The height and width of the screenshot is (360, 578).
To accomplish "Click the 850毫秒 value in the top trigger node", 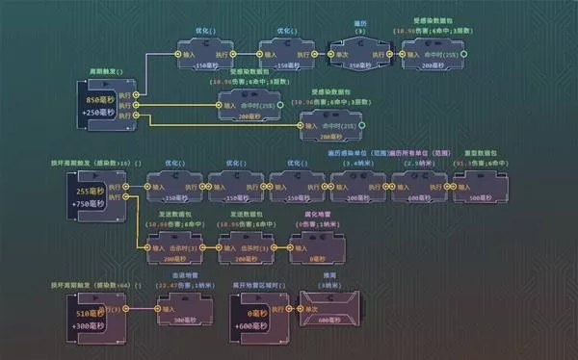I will coord(100,99).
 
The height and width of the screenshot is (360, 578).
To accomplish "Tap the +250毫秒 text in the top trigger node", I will coord(100,114).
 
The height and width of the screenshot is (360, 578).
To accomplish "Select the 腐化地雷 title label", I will coord(311,216).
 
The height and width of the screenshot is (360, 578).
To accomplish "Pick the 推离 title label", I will coord(328,275).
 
